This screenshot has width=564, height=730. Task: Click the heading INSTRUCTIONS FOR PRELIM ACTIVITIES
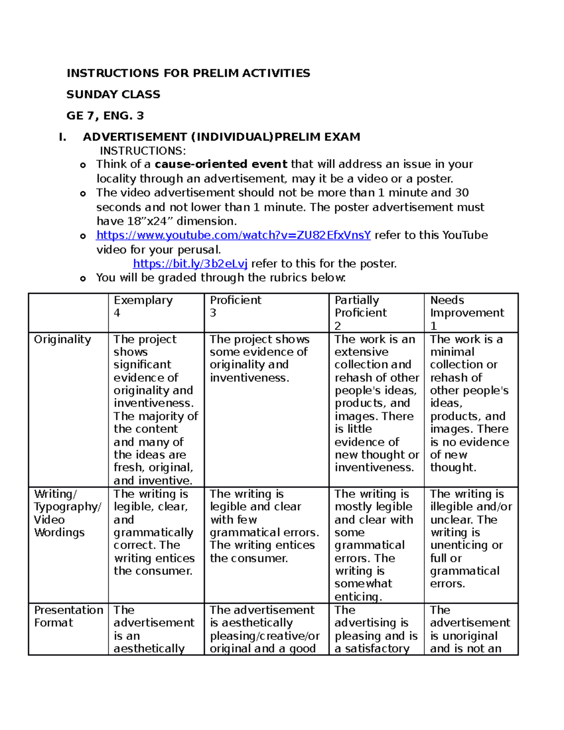tap(188, 73)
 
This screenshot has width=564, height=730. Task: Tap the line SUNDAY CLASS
tap(113, 94)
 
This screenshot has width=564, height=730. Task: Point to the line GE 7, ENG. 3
tap(105, 116)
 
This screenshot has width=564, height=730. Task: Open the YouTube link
tap(234, 235)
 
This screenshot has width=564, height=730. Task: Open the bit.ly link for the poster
tap(190, 264)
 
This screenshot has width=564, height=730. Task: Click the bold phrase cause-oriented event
tap(221, 164)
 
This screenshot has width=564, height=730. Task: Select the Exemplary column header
tap(143, 300)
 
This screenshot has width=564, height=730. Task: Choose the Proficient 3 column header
tap(235, 306)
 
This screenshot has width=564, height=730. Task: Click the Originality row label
tap(63, 339)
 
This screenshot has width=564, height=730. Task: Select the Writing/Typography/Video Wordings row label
tap(67, 513)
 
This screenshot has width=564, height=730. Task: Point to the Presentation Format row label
tap(68, 616)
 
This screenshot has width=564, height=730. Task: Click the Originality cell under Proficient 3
tap(259, 358)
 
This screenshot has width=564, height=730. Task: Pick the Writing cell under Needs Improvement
tap(470, 539)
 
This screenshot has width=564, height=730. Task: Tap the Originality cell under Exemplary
tap(155, 409)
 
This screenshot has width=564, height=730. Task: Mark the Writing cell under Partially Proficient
tap(374, 545)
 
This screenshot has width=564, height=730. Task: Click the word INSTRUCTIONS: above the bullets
tap(143, 151)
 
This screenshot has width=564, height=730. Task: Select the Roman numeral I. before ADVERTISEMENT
tap(62, 137)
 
